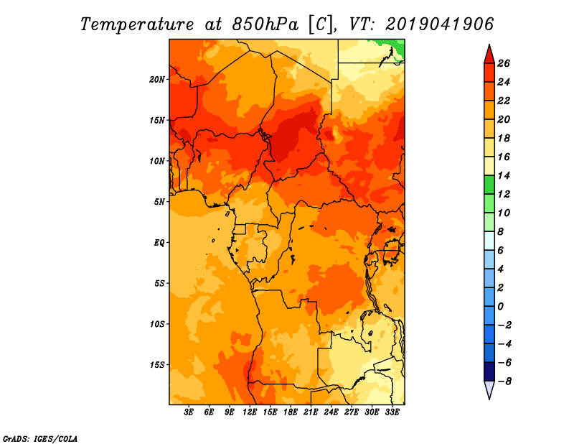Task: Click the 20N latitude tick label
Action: coord(157,79)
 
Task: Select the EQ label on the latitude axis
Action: coord(159,242)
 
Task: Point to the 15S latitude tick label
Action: coord(157,364)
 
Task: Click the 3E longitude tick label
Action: coord(189,412)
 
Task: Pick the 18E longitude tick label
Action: coord(291,412)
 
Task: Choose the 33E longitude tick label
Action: coord(392,412)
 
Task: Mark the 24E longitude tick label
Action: coord(331,412)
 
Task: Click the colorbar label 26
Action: coord(512,63)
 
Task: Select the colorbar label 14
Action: coord(512,175)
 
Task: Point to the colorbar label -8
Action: coord(512,381)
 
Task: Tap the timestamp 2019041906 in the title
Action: coord(440,24)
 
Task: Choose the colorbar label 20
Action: coord(512,119)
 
